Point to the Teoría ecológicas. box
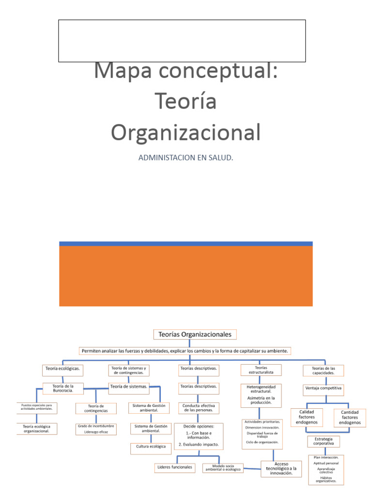(x=62, y=369)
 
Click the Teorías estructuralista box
(x=261, y=370)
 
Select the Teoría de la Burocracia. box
(x=63, y=388)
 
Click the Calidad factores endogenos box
(x=307, y=417)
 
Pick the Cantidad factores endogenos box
(x=350, y=417)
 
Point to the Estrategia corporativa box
(x=324, y=441)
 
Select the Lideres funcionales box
(x=175, y=467)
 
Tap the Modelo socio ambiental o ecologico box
(x=223, y=467)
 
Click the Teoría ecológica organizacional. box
(x=36, y=429)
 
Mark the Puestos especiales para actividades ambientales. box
(x=36, y=407)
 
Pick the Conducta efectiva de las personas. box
(x=199, y=408)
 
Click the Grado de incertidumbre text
(x=96, y=426)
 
